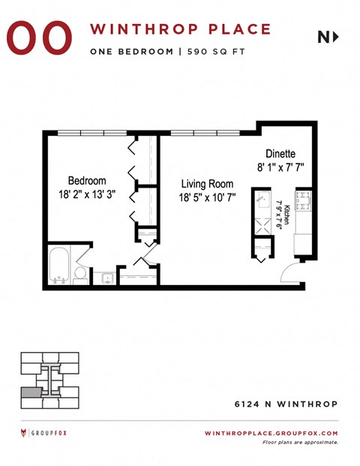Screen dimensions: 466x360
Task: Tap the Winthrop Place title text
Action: pyautogui.click(x=181, y=29)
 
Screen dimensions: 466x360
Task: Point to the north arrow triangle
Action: pyautogui.click(x=335, y=36)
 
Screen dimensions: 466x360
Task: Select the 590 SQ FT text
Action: pyautogui.click(x=221, y=52)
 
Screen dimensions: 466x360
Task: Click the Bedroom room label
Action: pyautogui.click(x=87, y=181)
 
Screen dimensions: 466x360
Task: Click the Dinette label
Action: pyautogui.click(x=280, y=153)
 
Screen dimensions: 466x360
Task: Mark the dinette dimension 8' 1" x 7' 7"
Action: pyautogui.click(x=280, y=167)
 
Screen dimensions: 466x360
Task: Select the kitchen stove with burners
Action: pyautogui.click(x=304, y=200)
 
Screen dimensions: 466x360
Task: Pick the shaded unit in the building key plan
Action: pyautogui.click(x=31, y=392)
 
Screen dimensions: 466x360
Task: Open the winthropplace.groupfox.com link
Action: pyautogui.click(x=271, y=433)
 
